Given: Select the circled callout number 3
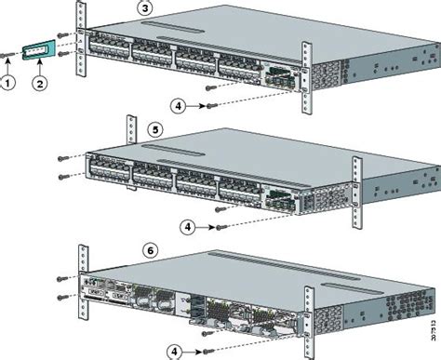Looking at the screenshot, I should tap(146, 8).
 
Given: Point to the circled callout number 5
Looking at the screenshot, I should tap(146, 132).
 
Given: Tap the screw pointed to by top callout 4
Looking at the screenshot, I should tap(212, 108).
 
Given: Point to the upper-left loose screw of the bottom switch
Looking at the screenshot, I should tap(60, 276).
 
